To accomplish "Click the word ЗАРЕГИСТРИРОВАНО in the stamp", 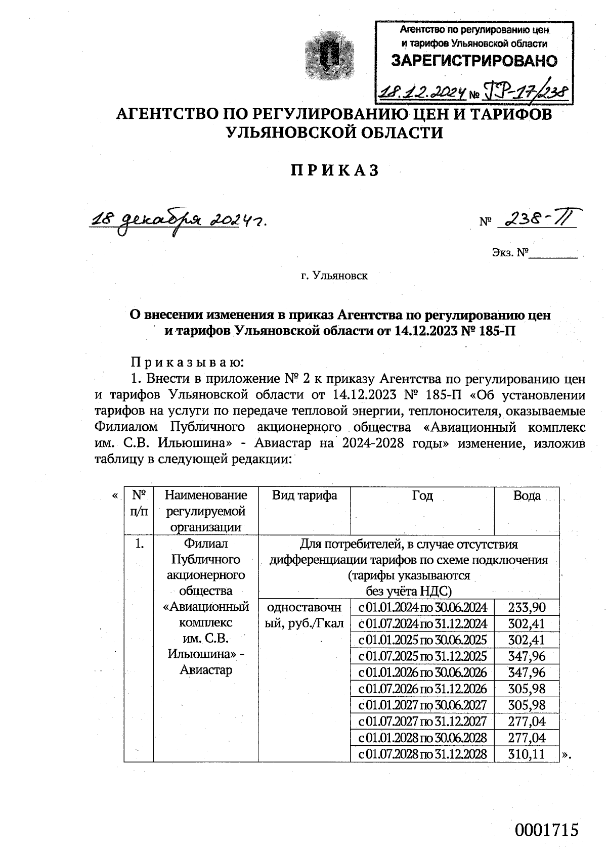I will [474, 61].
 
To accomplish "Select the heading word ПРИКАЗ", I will [334, 171].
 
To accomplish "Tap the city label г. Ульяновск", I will [334, 276].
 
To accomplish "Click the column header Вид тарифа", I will [304, 495].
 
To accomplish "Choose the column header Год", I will [422, 495].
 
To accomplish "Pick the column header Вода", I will [527, 495].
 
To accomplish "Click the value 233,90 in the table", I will [527, 607].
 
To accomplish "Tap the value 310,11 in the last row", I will [527, 754].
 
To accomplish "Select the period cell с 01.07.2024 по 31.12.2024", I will [422, 623].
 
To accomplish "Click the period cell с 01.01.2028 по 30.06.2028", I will [422, 738].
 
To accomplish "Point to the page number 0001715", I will [546, 830].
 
